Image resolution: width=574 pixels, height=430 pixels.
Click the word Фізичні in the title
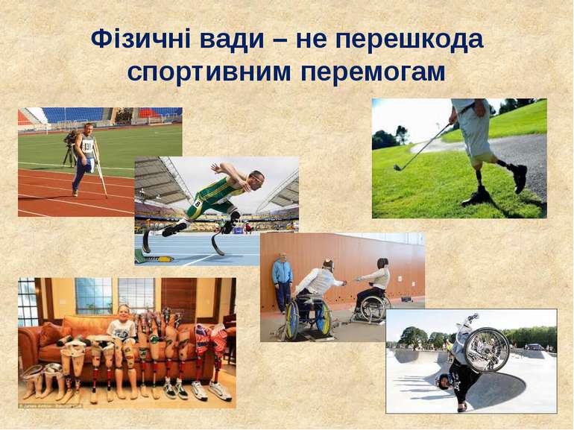[141, 39]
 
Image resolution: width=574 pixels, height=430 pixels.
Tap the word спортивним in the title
[209, 72]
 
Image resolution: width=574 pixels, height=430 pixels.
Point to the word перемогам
[373, 72]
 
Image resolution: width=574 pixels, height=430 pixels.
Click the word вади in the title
[232, 39]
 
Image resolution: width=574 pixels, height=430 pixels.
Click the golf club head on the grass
[397, 167]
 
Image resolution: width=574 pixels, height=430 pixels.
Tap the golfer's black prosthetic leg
[476, 186]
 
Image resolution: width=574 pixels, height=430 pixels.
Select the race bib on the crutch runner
[87, 146]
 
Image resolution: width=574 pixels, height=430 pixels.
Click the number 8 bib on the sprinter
[198, 204]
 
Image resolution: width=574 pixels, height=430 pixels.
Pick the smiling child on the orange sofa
[123, 328]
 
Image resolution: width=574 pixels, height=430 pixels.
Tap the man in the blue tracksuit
[282, 282]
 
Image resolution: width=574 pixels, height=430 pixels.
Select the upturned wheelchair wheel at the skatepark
[487, 350]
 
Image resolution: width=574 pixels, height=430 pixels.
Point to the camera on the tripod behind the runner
[70, 137]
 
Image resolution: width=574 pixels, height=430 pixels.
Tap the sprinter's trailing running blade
[146, 241]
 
